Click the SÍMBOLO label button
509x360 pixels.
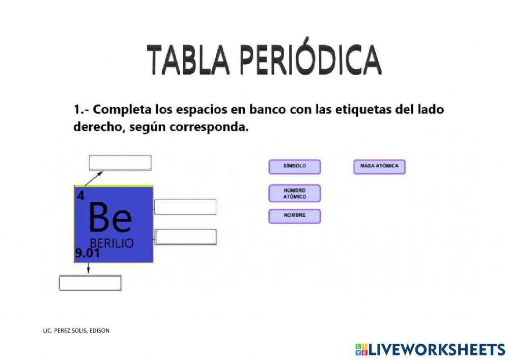point(295,167)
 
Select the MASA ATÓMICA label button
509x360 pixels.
point(379,167)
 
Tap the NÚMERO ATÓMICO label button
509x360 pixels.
point(295,193)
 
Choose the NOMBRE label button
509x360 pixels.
point(295,216)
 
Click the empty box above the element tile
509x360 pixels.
point(120,163)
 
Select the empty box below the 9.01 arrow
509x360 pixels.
point(90,283)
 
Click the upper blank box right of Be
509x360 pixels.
point(185,207)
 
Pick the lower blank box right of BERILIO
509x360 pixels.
point(186,237)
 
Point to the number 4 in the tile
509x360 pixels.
point(80,196)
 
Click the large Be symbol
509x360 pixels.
point(109,218)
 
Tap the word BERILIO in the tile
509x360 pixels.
point(111,243)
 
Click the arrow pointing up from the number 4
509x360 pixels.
point(94,178)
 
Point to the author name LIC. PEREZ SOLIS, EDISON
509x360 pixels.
point(76,330)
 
